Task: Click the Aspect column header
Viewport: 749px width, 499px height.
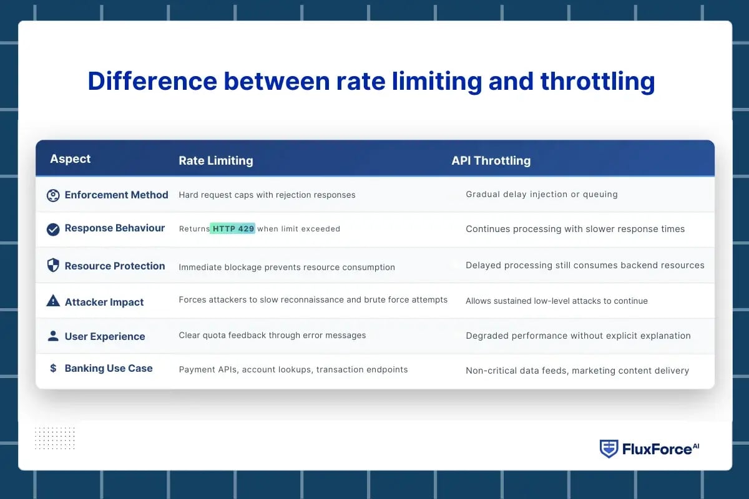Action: pos(70,159)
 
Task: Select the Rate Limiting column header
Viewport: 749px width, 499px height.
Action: pos(215,161)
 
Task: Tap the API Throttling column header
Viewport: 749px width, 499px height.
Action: pos(491,161)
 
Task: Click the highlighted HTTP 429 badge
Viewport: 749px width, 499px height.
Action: pos(233,229)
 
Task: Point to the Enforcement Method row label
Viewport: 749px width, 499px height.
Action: pos(116,195)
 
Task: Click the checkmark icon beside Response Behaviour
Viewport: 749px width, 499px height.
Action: pos(53,229)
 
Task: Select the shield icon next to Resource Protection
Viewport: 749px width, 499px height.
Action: pos(53,266)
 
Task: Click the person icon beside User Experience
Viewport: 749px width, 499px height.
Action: pos(53,336)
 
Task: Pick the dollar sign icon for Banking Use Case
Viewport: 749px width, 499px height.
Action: pos(53,369)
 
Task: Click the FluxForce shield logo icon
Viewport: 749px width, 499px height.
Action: pos(609,448)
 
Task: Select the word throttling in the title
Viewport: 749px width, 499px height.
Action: pos(597,82)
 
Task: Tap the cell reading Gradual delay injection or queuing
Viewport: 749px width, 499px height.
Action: pos(541,195)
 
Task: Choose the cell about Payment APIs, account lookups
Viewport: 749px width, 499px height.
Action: pos(293,370)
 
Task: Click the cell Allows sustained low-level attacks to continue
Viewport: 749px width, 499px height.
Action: pos(556,301)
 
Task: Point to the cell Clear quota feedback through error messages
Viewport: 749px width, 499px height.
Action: pos(272,336)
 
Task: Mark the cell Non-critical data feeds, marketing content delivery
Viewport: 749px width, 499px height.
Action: pos(577,371)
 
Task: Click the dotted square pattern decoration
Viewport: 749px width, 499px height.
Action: pos(54,438)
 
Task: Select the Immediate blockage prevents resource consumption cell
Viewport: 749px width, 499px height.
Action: pos(286,268)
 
